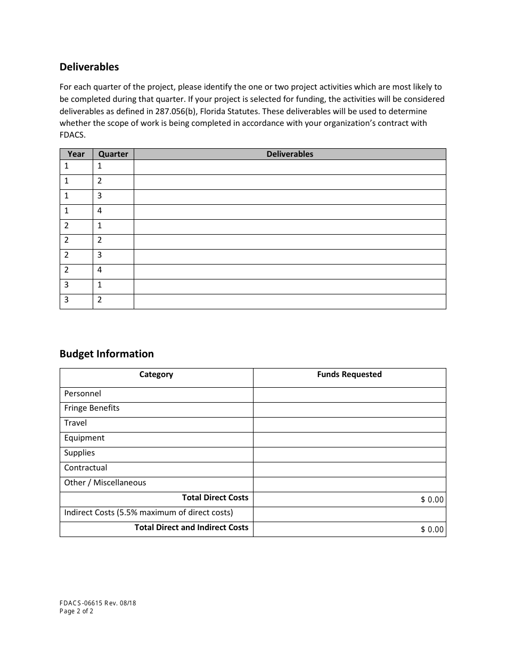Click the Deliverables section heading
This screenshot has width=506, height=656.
89,67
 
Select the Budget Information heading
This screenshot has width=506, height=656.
107,354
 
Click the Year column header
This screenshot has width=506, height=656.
76,154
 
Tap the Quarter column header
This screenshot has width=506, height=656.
113,154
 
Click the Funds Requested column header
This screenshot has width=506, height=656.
349,374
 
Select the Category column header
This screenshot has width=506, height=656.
156,374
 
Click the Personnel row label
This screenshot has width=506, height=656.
83,394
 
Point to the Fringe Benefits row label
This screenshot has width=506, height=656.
92,408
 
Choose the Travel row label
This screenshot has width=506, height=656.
76,423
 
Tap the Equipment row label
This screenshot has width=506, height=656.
84,438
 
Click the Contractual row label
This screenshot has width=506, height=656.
86,468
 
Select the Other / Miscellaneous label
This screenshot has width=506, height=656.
105,483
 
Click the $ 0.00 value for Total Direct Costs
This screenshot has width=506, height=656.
432,500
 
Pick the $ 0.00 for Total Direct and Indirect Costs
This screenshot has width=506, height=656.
432,530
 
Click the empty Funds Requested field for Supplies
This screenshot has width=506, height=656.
349,454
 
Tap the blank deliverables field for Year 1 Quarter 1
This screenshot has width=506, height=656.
290,167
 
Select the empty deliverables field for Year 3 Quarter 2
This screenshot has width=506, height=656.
290,301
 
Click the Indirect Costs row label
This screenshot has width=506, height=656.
149,513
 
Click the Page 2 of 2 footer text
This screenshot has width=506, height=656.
76,611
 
